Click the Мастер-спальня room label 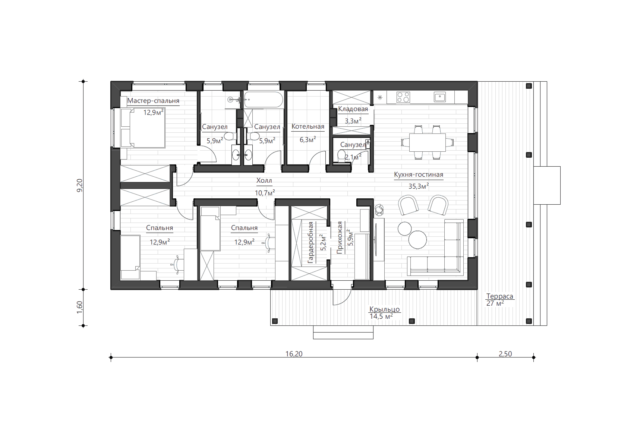point(153,101)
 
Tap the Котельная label point(308,126)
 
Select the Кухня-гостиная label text point(419,174)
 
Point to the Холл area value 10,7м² point(265,193)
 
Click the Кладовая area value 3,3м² point(353,121)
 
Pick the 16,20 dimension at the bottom point(294,354)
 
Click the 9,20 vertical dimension point(79,185)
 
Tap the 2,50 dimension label point(505,354)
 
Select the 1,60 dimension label point(79,307)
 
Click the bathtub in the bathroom point(264,100)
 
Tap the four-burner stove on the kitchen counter point(403,97)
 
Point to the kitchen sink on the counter point(440,97)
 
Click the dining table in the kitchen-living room point(427,142)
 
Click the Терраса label point(500,296)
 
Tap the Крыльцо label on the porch point(385,309)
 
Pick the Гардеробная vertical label point(310,242)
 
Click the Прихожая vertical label point(340,237)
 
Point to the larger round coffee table point(417,240)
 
